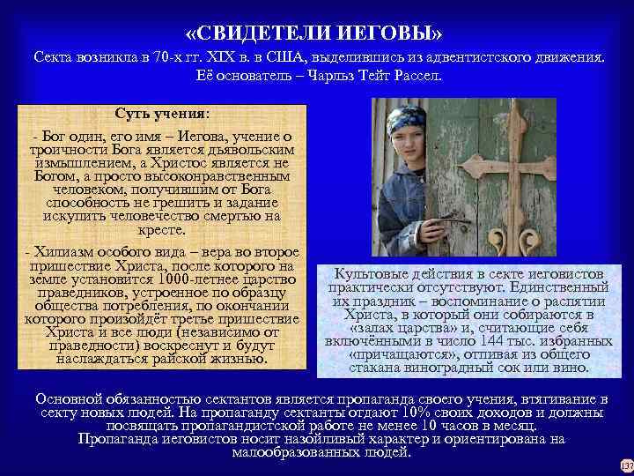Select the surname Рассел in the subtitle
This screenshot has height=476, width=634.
[416, 76]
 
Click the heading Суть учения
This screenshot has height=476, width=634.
[163, 114]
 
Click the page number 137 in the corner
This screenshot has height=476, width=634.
[625, 465]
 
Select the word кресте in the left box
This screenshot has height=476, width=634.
[163, 231]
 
